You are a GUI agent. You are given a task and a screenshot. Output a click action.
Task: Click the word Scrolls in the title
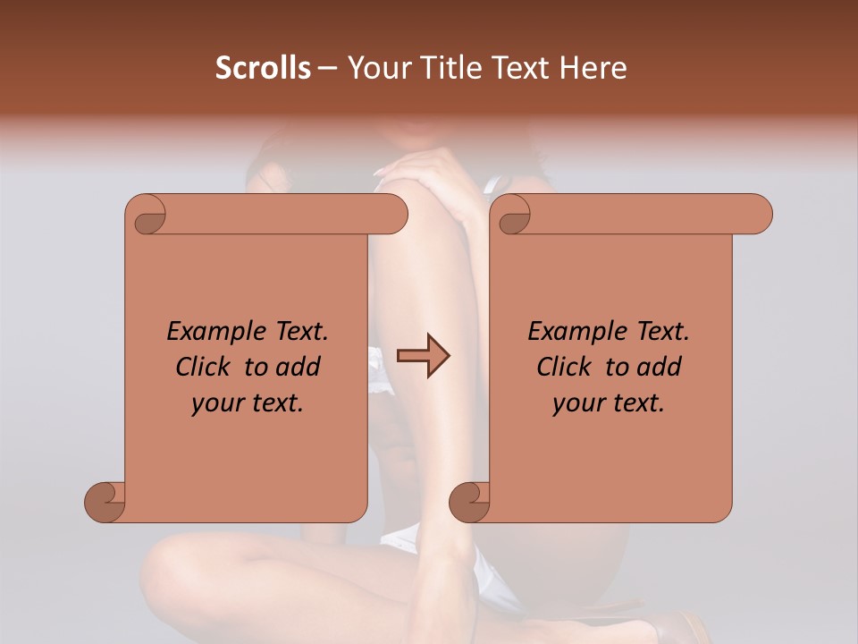(x=263, y=68)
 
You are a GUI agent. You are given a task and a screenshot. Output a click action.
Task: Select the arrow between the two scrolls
(x=423, y=356)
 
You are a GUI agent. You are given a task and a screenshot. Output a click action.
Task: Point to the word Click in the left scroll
(x=206, y=367)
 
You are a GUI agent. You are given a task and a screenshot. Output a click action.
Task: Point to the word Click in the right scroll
(x=566, y=367)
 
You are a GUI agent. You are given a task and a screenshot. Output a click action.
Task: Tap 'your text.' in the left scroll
(x=248, y=403)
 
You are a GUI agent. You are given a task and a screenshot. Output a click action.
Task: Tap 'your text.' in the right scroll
(x=609, y=403)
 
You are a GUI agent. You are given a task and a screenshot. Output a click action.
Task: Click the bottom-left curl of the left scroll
(x=105, y=502)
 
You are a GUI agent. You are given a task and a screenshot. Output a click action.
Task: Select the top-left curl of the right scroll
(x=513, y=216)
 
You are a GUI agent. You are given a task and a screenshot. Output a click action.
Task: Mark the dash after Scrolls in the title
(x=327, y=69)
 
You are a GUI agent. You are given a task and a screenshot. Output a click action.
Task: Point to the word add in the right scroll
(x=660, y=367)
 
